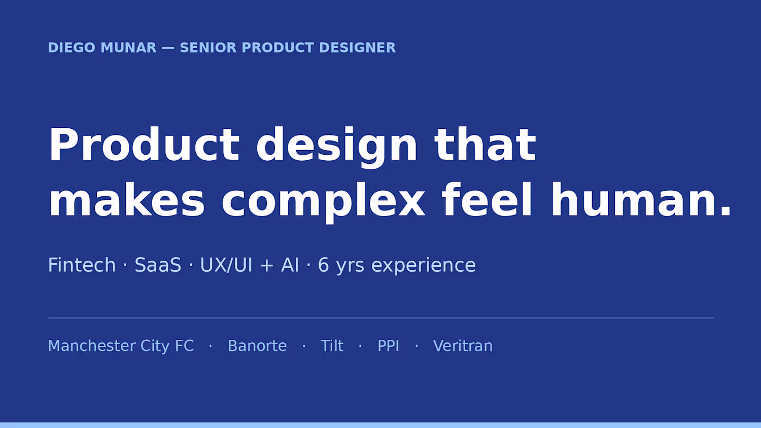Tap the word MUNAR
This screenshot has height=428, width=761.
tap(129, 48)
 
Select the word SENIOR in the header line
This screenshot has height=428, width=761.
tap(208, 48)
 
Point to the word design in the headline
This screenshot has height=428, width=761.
tap(336, 146)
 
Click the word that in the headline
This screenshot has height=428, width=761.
tap(486, 144)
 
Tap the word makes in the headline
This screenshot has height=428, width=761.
tap(127, 200)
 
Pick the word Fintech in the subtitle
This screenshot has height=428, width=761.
tap(82, 265)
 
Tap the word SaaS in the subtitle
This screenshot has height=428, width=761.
tap(158, 265)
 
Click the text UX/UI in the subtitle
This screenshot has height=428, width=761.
tap(226, 265)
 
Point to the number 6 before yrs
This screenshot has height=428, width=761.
tap(324, 265)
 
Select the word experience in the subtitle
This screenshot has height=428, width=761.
tap(423, 266)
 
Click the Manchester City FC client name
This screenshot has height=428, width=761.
tap(121, 346)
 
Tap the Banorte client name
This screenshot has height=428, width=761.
tap(257, 346)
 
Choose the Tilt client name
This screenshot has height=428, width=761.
tap(332, 346)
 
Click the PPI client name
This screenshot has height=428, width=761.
tap(388, 346)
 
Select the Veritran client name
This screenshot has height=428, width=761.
tap(463, 346)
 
